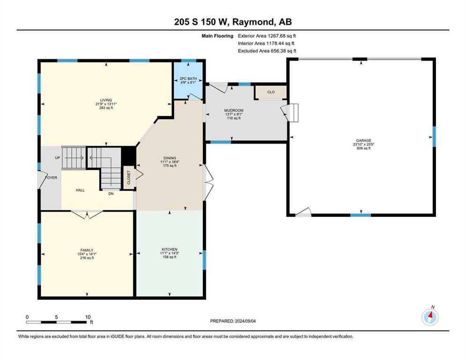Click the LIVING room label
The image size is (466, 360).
coord(106,100)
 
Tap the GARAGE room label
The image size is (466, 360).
coord(364,141)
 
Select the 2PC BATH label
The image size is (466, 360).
coord(188,79)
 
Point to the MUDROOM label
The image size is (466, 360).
coord(234,111)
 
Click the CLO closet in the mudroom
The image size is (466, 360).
coord(271,92)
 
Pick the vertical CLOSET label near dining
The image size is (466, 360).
coord(128,178)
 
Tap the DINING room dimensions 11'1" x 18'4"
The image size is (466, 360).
coord(170,162)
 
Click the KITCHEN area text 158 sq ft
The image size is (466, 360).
coord(169,257)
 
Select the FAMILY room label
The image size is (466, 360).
coord(87,250)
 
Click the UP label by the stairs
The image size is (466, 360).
coord(58,158)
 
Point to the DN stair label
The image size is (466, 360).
coord(111,194)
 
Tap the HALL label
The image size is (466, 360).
coord(80,190)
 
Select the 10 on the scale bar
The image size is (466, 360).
coord(88,317)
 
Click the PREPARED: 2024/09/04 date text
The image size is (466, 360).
coord(233,321)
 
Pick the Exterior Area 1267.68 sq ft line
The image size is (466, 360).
coord(267,36)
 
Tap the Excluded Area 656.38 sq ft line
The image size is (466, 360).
coord(267,51)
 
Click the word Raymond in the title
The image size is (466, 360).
coord(253,22)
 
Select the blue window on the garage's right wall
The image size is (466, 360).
coord(434,137)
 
